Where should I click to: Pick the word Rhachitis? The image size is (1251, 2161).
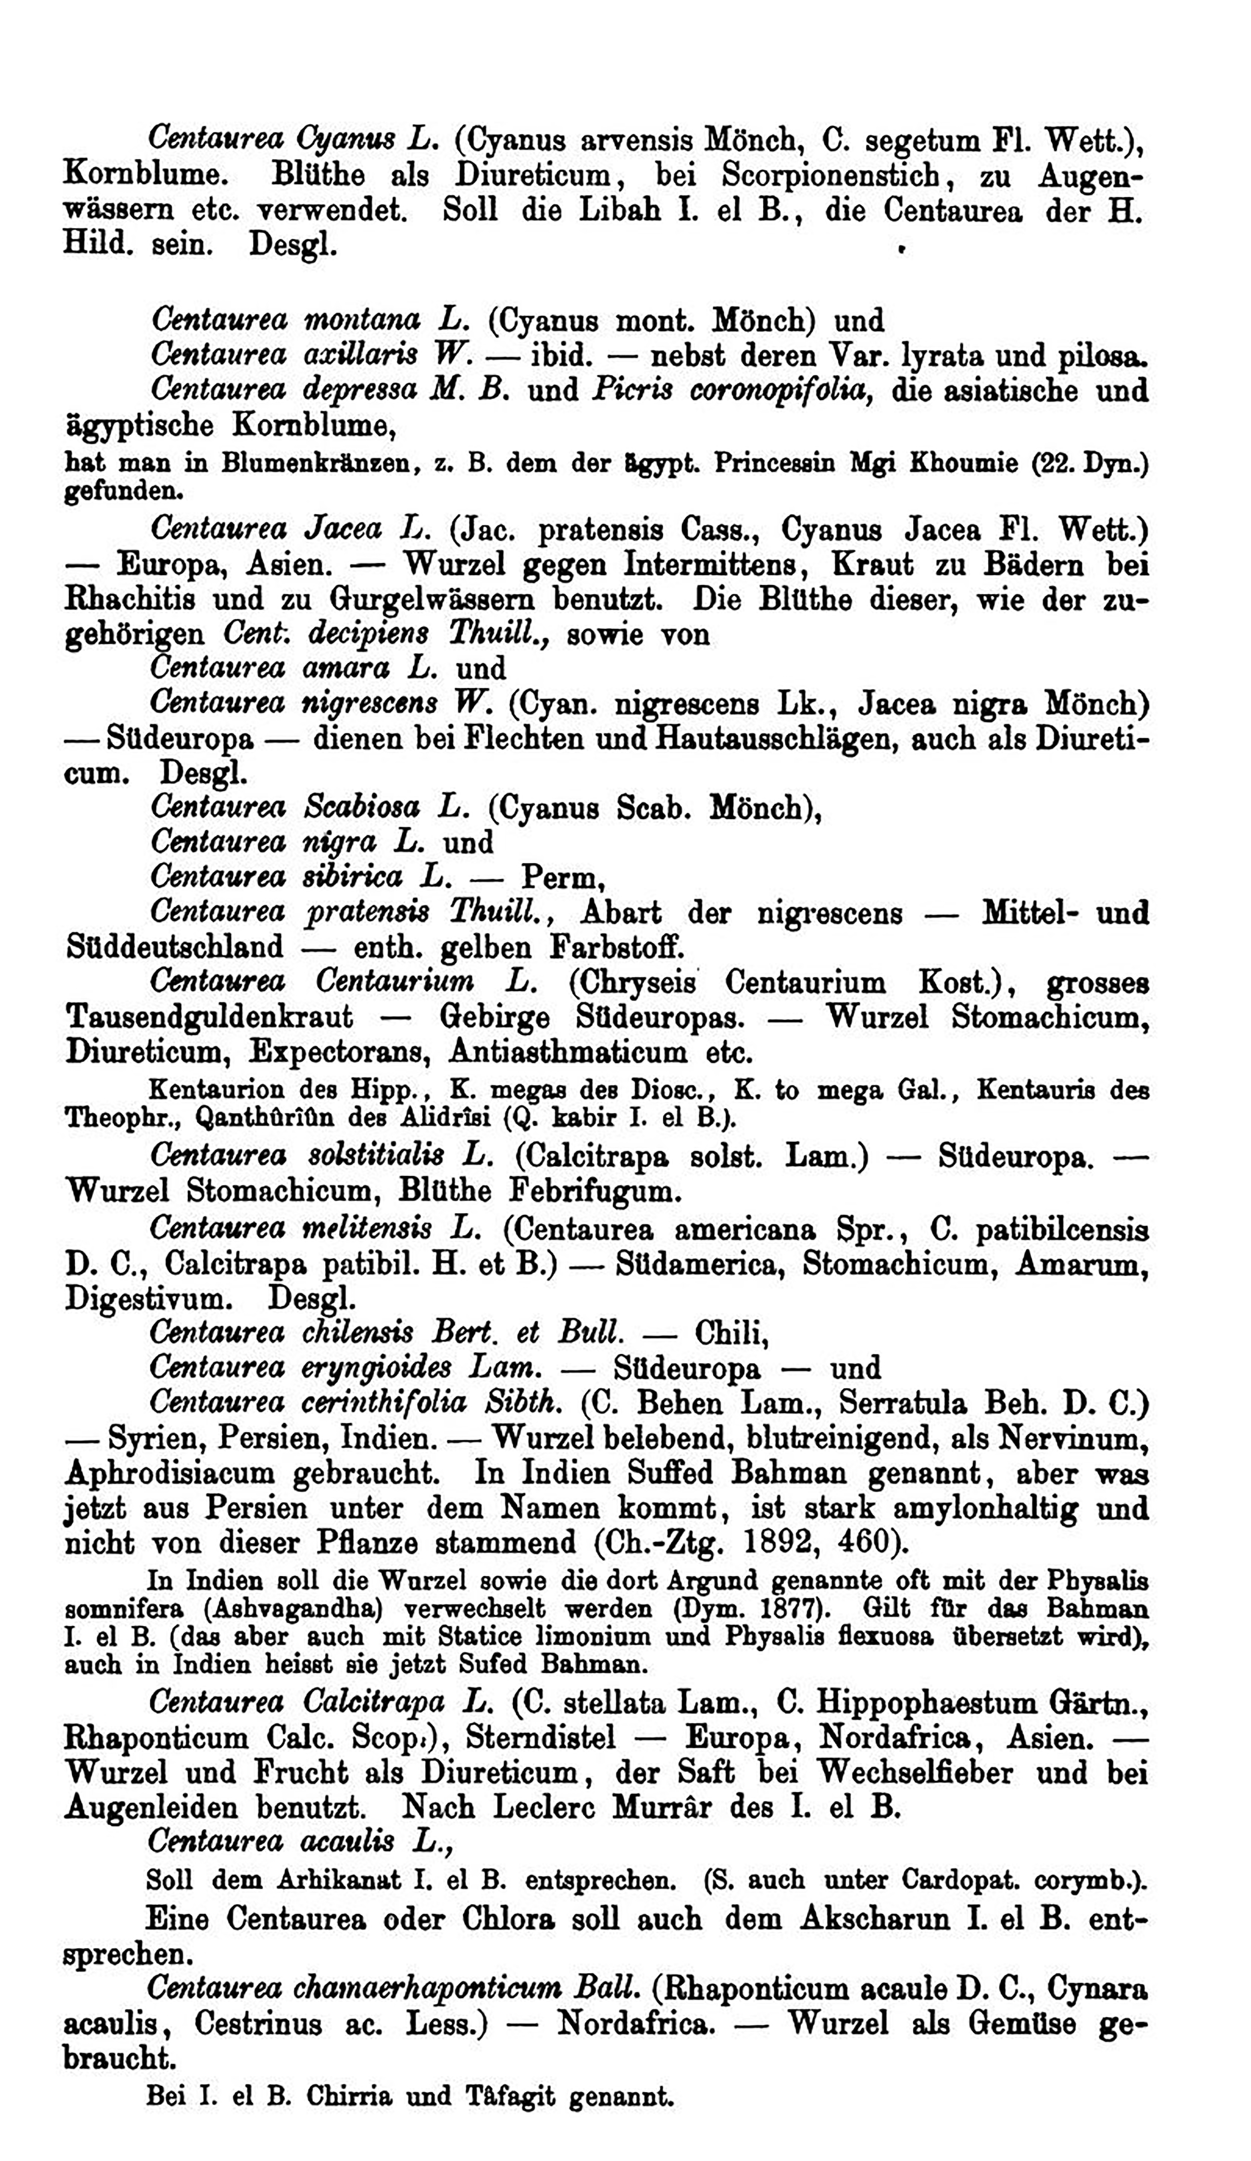(137, 599)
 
